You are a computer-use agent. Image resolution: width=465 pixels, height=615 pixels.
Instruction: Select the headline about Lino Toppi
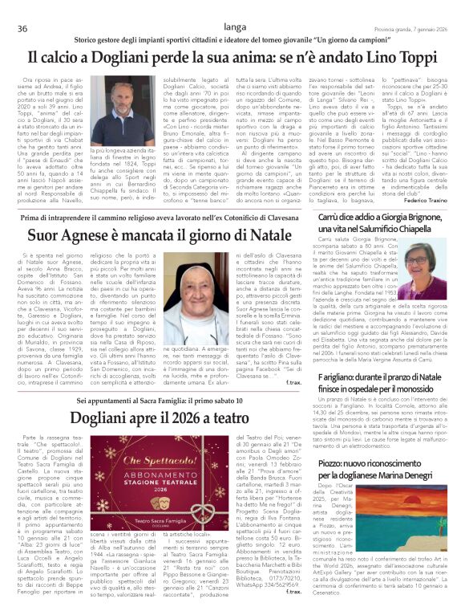(x=232, y=58)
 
